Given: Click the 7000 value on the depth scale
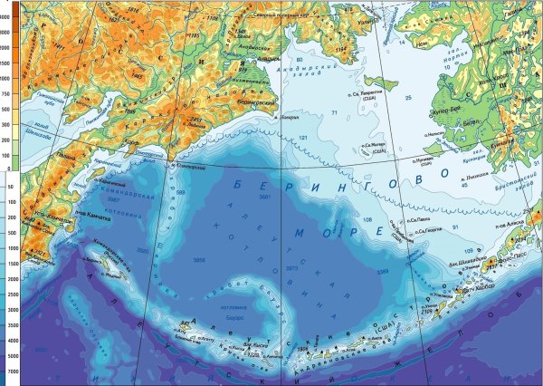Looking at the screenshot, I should click(x=9, y=372).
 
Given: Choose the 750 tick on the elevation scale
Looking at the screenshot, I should click(x=9, y=91).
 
